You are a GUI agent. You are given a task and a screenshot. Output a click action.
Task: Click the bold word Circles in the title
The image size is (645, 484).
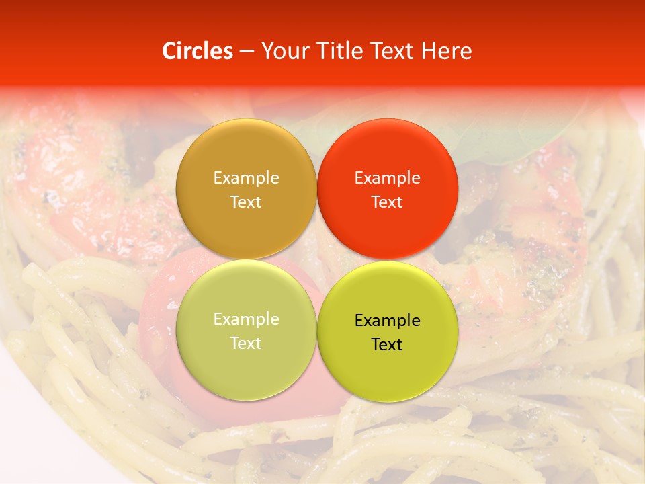[x=197, y=51]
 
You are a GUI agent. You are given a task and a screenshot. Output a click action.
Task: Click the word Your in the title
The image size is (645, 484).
[x=282, y=51]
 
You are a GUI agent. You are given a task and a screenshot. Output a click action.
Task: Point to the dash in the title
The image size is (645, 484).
[x=247, y=52]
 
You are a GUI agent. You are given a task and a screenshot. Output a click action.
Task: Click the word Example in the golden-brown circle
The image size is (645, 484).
[x=246, y=178]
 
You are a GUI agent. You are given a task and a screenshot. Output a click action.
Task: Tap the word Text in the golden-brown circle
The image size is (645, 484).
[x=246, y=202]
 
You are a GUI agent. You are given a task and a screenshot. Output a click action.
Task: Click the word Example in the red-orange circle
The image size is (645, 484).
[x=387, y=178]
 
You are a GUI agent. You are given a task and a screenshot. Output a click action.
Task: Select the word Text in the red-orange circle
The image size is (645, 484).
[x=387, y=202]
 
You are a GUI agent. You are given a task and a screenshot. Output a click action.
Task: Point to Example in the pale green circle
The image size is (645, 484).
[x=246, y=319]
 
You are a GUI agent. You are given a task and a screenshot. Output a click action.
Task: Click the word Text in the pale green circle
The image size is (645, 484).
[x=246, y=344]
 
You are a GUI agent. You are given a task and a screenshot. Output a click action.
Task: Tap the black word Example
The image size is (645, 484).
[x=387, y=321]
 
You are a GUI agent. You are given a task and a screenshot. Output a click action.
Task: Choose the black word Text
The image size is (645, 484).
[x=387, y=345]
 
